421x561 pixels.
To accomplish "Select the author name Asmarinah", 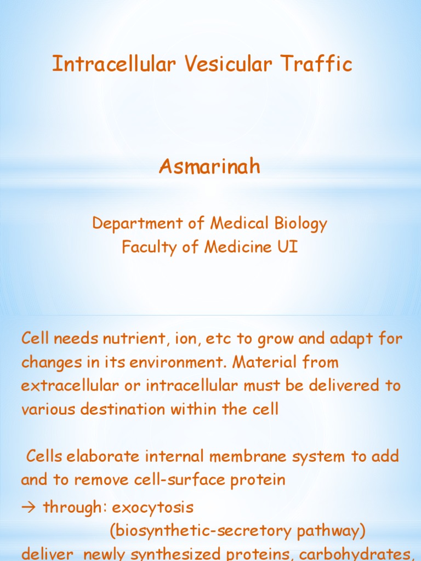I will coord(210,167).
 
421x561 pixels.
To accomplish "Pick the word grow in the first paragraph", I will coord(275,339).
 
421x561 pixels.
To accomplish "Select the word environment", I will coord(158,363).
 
